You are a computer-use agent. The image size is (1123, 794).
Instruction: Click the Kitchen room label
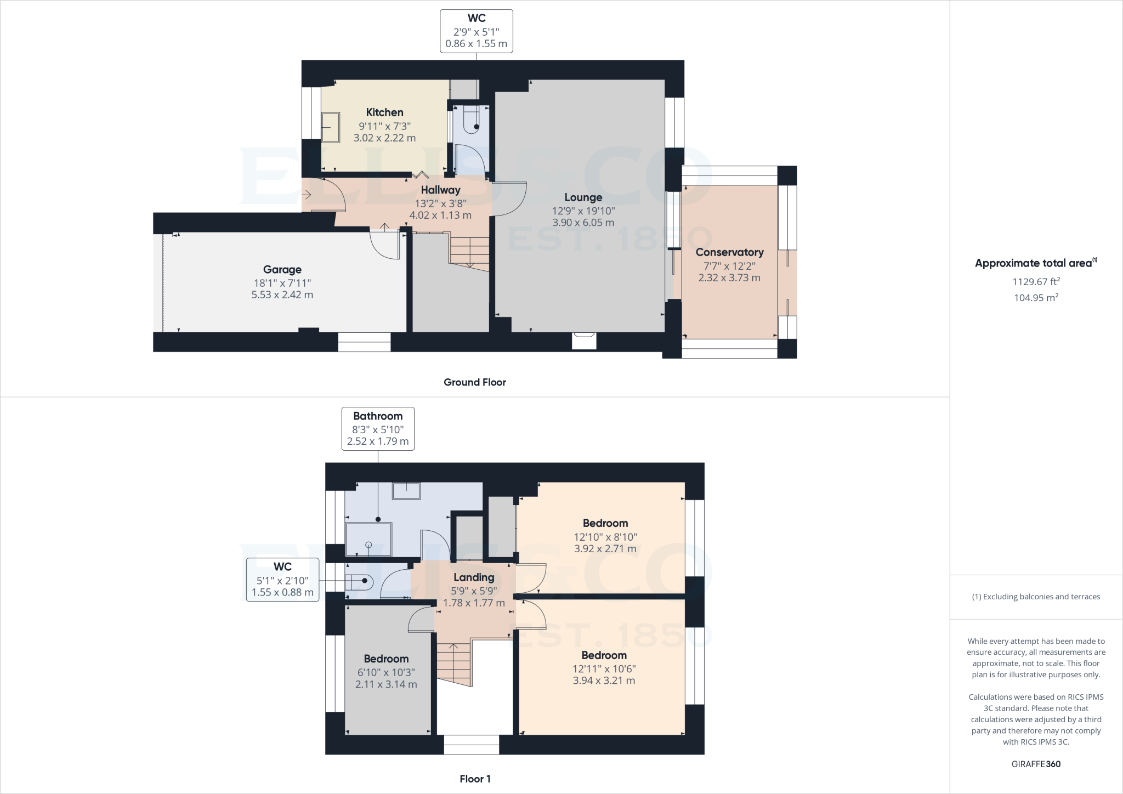(x=384, y=112)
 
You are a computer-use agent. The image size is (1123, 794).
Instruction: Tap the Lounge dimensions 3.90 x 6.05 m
(x=583, y=223)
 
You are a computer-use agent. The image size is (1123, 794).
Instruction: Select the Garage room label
(x=282, y=269)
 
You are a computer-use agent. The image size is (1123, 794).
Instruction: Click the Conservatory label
(x=729, y=252)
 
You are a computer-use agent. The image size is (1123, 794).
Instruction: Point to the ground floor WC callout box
(x=476, y=31)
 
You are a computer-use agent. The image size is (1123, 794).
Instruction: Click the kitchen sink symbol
(x=330, y=127)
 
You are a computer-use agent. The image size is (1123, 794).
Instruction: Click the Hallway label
(x=440, y=190)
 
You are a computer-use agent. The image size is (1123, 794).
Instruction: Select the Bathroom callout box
(x=378, y=429)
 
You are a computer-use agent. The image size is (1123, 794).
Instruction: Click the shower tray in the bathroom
(x=368, y=539)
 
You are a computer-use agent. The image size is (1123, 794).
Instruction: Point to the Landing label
(x=474, y=577)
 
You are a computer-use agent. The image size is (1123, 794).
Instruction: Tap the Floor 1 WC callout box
(x=282, y=580)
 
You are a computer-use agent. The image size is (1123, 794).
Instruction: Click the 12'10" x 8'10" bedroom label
(x=605, y=524)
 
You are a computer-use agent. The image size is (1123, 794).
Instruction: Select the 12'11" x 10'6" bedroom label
(x=604, y=655)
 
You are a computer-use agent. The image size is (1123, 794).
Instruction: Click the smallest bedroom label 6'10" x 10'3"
(x=386, y=659)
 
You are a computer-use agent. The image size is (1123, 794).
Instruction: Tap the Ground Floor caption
(x=475, y=382)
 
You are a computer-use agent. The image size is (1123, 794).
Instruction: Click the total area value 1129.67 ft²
(x=1036, y=282)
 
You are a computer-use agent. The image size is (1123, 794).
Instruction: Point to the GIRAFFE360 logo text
(x=1036, y=764)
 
